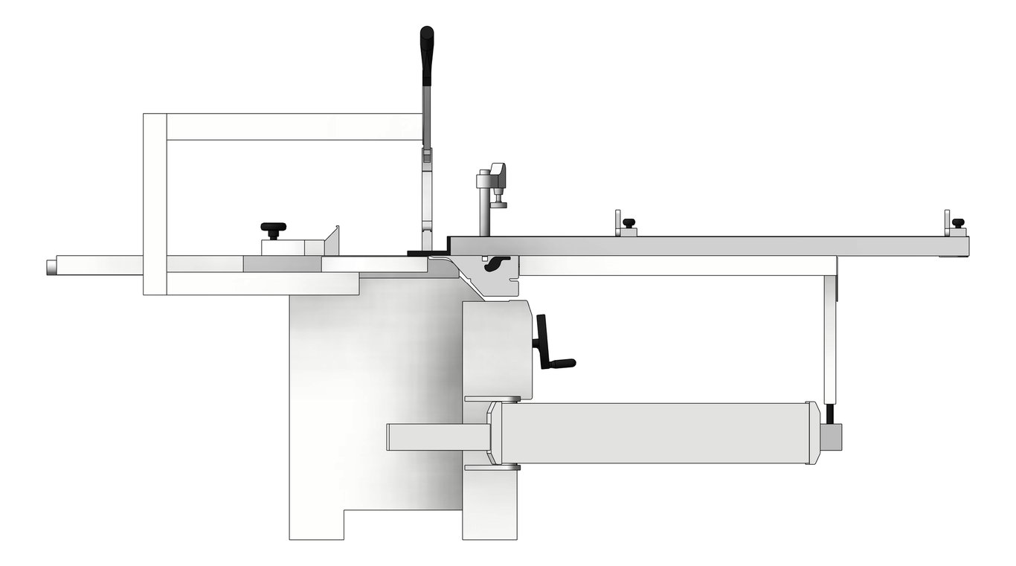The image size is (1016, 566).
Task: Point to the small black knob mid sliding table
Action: tap(628, 223)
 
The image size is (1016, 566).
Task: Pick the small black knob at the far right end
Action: tap(958, 223)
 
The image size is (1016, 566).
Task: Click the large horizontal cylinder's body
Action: tap(655, 434)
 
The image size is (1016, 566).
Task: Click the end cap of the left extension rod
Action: tap(51, 266)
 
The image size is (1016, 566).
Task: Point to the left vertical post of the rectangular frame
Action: tap(155, 205)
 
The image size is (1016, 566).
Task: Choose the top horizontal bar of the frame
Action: tap(293, 127)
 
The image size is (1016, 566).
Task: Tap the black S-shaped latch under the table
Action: tap(497, 264)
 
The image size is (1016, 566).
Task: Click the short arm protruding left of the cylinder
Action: tap(435, 437)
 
